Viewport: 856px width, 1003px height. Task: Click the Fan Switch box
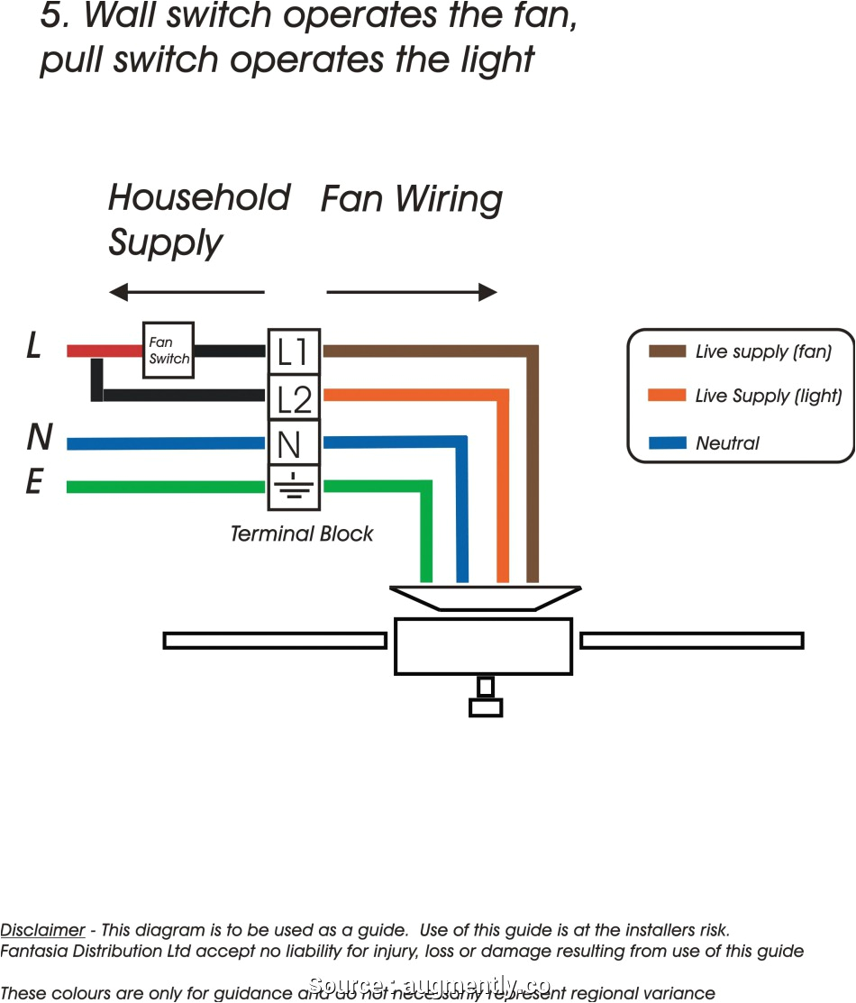click(168, 351)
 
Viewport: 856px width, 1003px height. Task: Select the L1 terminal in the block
click(294, 351)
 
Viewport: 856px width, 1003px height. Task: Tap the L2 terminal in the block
click(294, 397)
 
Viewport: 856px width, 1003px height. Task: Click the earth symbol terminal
click(294, 488)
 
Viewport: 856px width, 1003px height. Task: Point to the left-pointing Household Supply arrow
click(187, 292)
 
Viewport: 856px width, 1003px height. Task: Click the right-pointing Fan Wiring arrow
click(411, 292)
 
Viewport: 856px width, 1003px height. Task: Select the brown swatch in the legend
click(666, 352)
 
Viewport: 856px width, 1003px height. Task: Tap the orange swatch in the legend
click(666, 397)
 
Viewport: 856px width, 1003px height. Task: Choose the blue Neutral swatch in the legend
click(666, 442)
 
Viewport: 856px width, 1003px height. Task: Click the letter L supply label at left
click(34, 346)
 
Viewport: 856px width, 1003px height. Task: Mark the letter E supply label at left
click(34, 484)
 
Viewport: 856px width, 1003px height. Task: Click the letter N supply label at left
click(39, 438)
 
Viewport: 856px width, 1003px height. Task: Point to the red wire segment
click(104, 351)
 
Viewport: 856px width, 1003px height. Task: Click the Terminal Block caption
click(301, 533)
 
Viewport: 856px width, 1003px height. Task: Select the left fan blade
click(275, 641)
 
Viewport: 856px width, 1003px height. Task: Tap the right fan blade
click(691, 641)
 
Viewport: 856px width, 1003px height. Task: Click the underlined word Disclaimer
click(42, 930)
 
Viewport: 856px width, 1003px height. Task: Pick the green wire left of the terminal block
click(166, 488)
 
